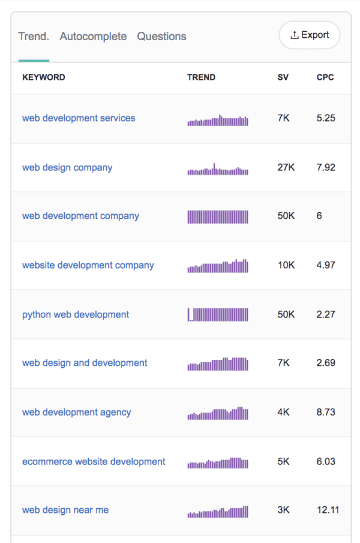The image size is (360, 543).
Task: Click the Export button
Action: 309,35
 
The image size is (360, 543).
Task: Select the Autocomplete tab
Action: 93,37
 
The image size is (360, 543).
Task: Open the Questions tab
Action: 161,37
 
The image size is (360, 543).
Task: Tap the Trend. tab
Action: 34,37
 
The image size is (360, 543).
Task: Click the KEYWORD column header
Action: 44,77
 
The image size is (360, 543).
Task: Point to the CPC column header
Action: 325,77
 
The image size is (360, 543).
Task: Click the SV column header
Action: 283,77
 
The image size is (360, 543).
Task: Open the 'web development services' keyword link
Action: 79,118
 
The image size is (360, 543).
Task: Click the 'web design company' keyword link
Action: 67,167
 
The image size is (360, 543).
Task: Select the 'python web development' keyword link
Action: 76,314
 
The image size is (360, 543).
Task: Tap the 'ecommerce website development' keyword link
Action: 94,461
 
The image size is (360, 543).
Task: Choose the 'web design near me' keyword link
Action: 65,510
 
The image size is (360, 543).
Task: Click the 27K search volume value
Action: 286,167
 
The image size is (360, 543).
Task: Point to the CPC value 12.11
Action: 328,510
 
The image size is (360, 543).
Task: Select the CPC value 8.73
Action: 326,412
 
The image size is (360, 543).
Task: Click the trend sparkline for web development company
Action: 218,216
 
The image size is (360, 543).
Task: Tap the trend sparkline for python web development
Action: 218,314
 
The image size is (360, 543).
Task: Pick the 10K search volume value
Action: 286,265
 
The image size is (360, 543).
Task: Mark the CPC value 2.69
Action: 326,363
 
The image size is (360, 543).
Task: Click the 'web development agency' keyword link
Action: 76,412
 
